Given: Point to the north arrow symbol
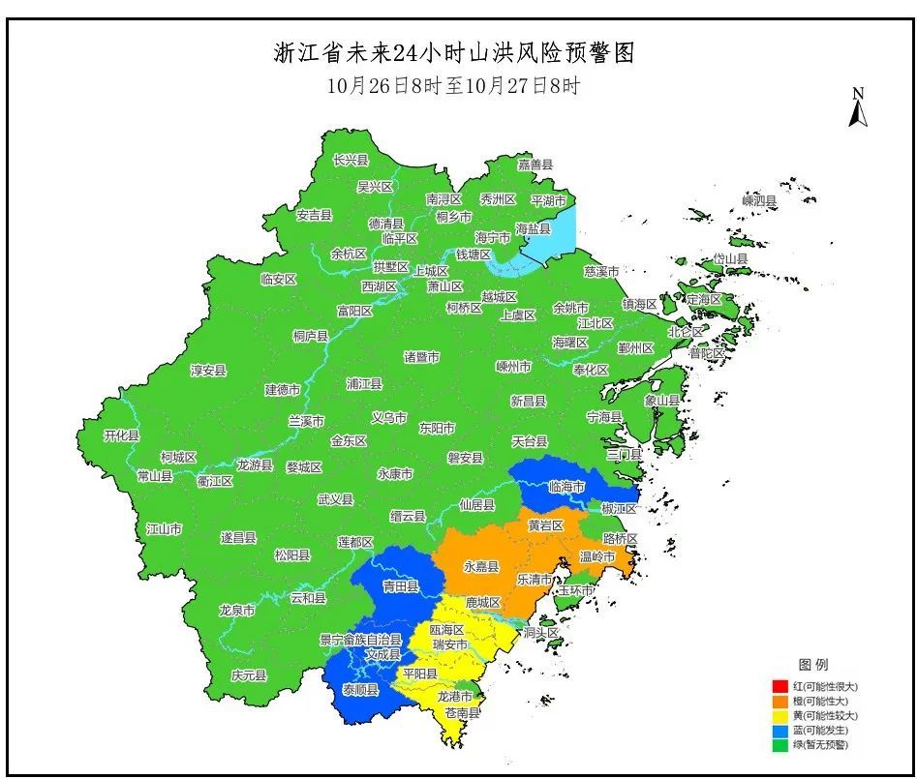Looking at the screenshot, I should click(x=857, y=107).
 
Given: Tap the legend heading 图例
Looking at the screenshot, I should click(x=813, y=665).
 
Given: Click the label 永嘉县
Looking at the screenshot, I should click(x=481, y=567).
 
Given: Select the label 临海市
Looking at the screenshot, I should click(x=566, y=487).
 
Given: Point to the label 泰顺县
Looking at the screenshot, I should click(x=360, y=689).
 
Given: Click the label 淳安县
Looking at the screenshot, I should click(x=208, y=370).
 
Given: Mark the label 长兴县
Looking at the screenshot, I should click(x=351, y=160).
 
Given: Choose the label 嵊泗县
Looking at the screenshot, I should click(x=759, y=200).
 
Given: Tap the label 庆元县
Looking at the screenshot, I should click(x=249, y=675).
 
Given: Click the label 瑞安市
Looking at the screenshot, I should click(x=449, y=644).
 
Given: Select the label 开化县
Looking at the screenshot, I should click(x=122, y=436).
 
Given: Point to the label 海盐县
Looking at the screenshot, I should click(x=534, y=229).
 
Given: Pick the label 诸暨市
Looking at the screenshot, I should click(x=421, y=357).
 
